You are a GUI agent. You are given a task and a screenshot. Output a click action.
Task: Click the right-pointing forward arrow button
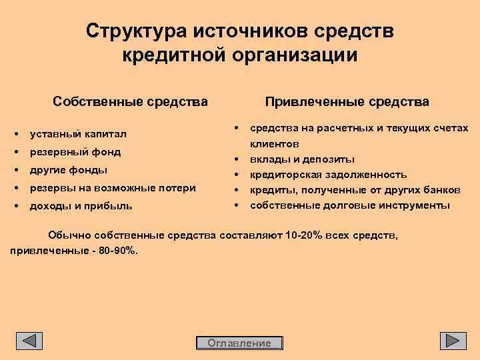(453, 341)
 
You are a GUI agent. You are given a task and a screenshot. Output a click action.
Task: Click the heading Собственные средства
(131, 102)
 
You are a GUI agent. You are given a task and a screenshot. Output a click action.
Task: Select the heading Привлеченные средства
(347, 102)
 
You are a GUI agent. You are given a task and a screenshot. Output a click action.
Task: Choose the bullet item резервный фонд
(75, 152)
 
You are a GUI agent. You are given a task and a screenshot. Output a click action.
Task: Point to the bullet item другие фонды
(69, 170)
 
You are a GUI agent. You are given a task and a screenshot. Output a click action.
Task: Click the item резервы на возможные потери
(113, 188)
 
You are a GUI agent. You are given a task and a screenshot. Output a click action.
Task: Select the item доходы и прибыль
(81, 206)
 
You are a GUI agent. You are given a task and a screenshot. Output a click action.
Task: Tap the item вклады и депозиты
(302, 159)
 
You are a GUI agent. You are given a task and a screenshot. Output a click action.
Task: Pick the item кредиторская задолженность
(328, 175)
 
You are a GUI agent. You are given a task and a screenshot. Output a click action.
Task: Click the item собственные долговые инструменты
(350, 205)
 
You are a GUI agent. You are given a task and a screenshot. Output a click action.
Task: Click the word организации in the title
(295, 55)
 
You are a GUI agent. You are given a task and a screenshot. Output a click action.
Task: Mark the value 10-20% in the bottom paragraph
(304, 235)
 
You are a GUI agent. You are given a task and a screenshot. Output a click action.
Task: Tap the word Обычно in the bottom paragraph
(69, 235)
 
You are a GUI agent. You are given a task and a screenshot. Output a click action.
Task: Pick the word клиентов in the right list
(274, 144)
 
